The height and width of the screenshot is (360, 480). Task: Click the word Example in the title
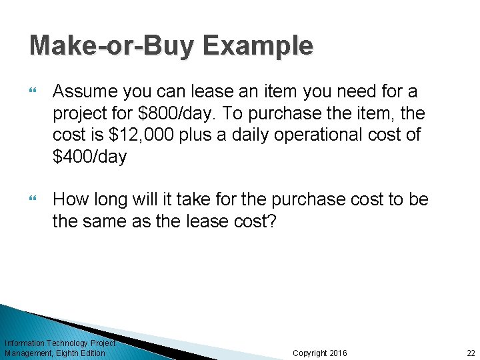click(258, 46)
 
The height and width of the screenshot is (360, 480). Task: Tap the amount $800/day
click(169, 113)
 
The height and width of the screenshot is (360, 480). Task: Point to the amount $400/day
click(89, 158)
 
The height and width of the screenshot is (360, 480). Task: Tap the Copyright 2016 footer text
click(320, 353)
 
